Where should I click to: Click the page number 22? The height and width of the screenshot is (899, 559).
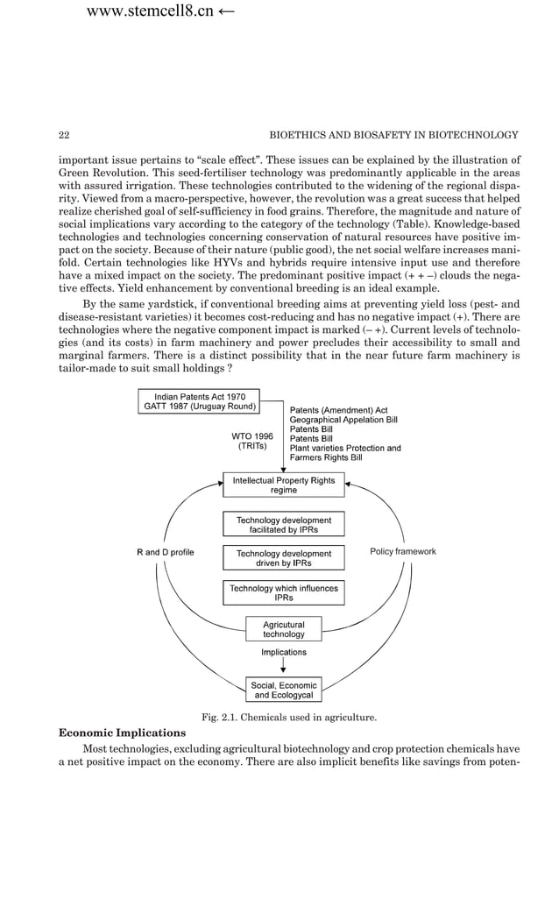[64, 135]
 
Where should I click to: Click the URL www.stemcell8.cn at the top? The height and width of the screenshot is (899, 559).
[150, 12]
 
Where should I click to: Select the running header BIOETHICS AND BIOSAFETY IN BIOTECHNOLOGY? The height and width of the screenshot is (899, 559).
[393, 135]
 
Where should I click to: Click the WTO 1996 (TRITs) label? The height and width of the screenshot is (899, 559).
[252, 441]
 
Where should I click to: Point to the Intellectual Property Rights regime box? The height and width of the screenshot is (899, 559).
[283, 485]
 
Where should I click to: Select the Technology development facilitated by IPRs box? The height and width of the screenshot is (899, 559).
[283, 525]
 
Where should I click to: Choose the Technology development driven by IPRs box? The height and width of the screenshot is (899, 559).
[283, 558]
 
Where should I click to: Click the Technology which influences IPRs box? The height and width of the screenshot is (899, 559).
[283, 592]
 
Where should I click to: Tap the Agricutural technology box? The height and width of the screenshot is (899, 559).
[283, 629]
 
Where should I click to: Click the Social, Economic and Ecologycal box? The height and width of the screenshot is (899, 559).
[283, 690]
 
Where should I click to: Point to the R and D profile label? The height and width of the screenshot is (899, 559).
[165, 552]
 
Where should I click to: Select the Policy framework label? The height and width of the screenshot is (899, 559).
[403, 552]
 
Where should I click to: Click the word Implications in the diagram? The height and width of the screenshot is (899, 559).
[283, 652]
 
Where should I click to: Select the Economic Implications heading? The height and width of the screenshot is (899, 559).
[122, 733]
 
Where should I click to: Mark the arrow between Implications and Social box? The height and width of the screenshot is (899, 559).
[283, 668]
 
